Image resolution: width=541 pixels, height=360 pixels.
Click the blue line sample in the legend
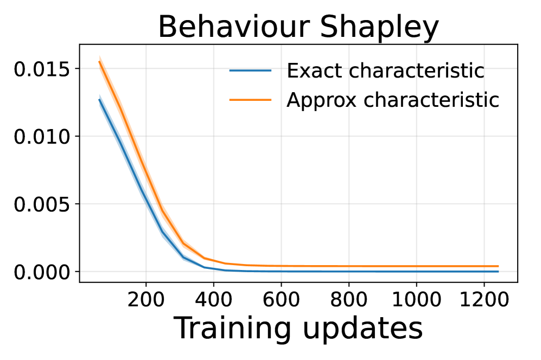pos(250,70)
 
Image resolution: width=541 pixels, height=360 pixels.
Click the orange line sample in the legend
pos(250,100)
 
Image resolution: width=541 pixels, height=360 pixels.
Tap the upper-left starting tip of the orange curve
pos(100,59)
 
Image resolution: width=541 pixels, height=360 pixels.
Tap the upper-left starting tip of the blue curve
pos(100,100)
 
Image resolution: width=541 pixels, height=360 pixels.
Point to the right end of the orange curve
pos(498,266)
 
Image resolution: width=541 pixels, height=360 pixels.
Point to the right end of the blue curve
pos(498,271)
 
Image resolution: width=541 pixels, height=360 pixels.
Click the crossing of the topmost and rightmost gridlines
pos(484,68)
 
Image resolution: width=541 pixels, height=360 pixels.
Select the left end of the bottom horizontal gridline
pos(81,271)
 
